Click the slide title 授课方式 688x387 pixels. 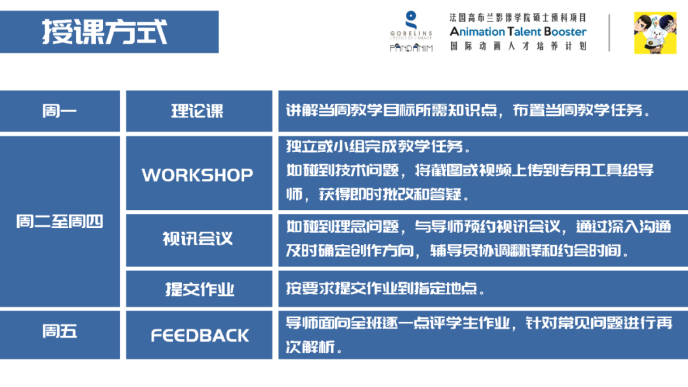[x=105, y=31]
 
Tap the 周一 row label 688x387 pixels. [x=59, y=111]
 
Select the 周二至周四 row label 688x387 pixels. [x=59, y=222]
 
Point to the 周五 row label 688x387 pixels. [x=59, y=332]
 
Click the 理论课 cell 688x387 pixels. [x=198, y=111]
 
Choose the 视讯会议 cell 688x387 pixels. [x=198, y=239]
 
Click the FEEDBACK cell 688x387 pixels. [x=199, y=335]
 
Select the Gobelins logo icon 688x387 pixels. [x=411, y=19]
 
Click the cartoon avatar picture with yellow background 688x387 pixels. [x=654, y=32]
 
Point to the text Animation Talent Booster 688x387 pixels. [x=518, y=32]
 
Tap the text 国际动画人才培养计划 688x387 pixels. [x=518, y=46]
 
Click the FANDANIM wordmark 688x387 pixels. [x=411, y=48]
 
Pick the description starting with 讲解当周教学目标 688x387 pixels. [x=468, y=111]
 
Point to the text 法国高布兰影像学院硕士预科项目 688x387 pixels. [x=518, y=17]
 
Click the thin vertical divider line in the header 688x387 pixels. [x=610, y=32]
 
